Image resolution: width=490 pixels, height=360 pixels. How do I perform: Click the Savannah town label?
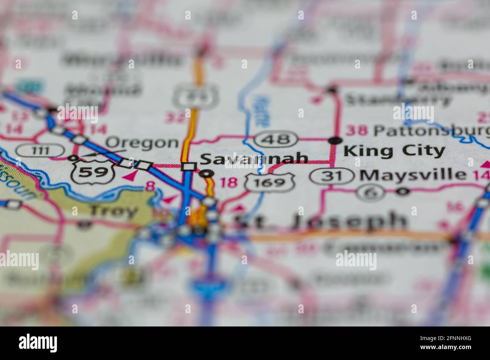[x=254, y=159]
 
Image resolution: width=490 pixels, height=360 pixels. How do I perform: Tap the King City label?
[x=394, y=151]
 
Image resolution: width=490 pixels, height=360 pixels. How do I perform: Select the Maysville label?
[x=413, y=174]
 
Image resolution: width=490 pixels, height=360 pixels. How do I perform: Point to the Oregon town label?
[x=141, y=143]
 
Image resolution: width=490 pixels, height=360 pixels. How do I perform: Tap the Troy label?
[x=113, y=211]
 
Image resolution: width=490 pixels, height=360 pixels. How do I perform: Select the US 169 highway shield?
[x=269, y=183]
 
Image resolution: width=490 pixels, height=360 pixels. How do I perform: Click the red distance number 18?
[x=229, y=183]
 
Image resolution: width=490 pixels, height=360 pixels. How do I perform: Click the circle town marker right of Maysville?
[x=403, y=192]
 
